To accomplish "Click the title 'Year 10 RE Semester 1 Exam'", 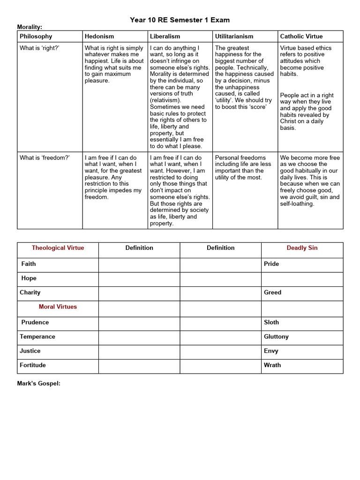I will pyautogui.click(x=180, y=20).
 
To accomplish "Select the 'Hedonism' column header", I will pyautogui.click(x=99, y=37).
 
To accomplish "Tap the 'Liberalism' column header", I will pyautogui.click(x=165, y=37).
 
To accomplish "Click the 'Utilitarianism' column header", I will pyautogui.click(x=234, y=37).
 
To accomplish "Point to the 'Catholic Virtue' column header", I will pyautogui.click(x=301, y=37).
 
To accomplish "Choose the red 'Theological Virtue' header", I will pyautogui.click(x=58, y=248).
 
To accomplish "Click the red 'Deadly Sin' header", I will pyautogui.click(x=302, y=248).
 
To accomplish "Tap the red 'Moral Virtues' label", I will pyautogui.click(x=58, y=307).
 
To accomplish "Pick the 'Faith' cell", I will pyautogui.click(x=29, y=264).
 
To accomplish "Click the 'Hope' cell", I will pyautogui.click(x=29, y=278).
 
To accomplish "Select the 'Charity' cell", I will pyautogui.click(x=30, y=292).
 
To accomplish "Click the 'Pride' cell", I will pyautogui.click(x=271, y=264).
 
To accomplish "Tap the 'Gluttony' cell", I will pyautogui.click(x=276, y=337).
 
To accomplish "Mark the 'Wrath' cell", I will pyautogui.click(x=272, y=365).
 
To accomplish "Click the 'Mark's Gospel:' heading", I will pyautogui.click(x=39, y=383).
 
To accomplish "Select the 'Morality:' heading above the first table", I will pyautogui.click(x=30, y=27).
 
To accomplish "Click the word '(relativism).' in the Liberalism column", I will pyautogui.click(x=165, y=100).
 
